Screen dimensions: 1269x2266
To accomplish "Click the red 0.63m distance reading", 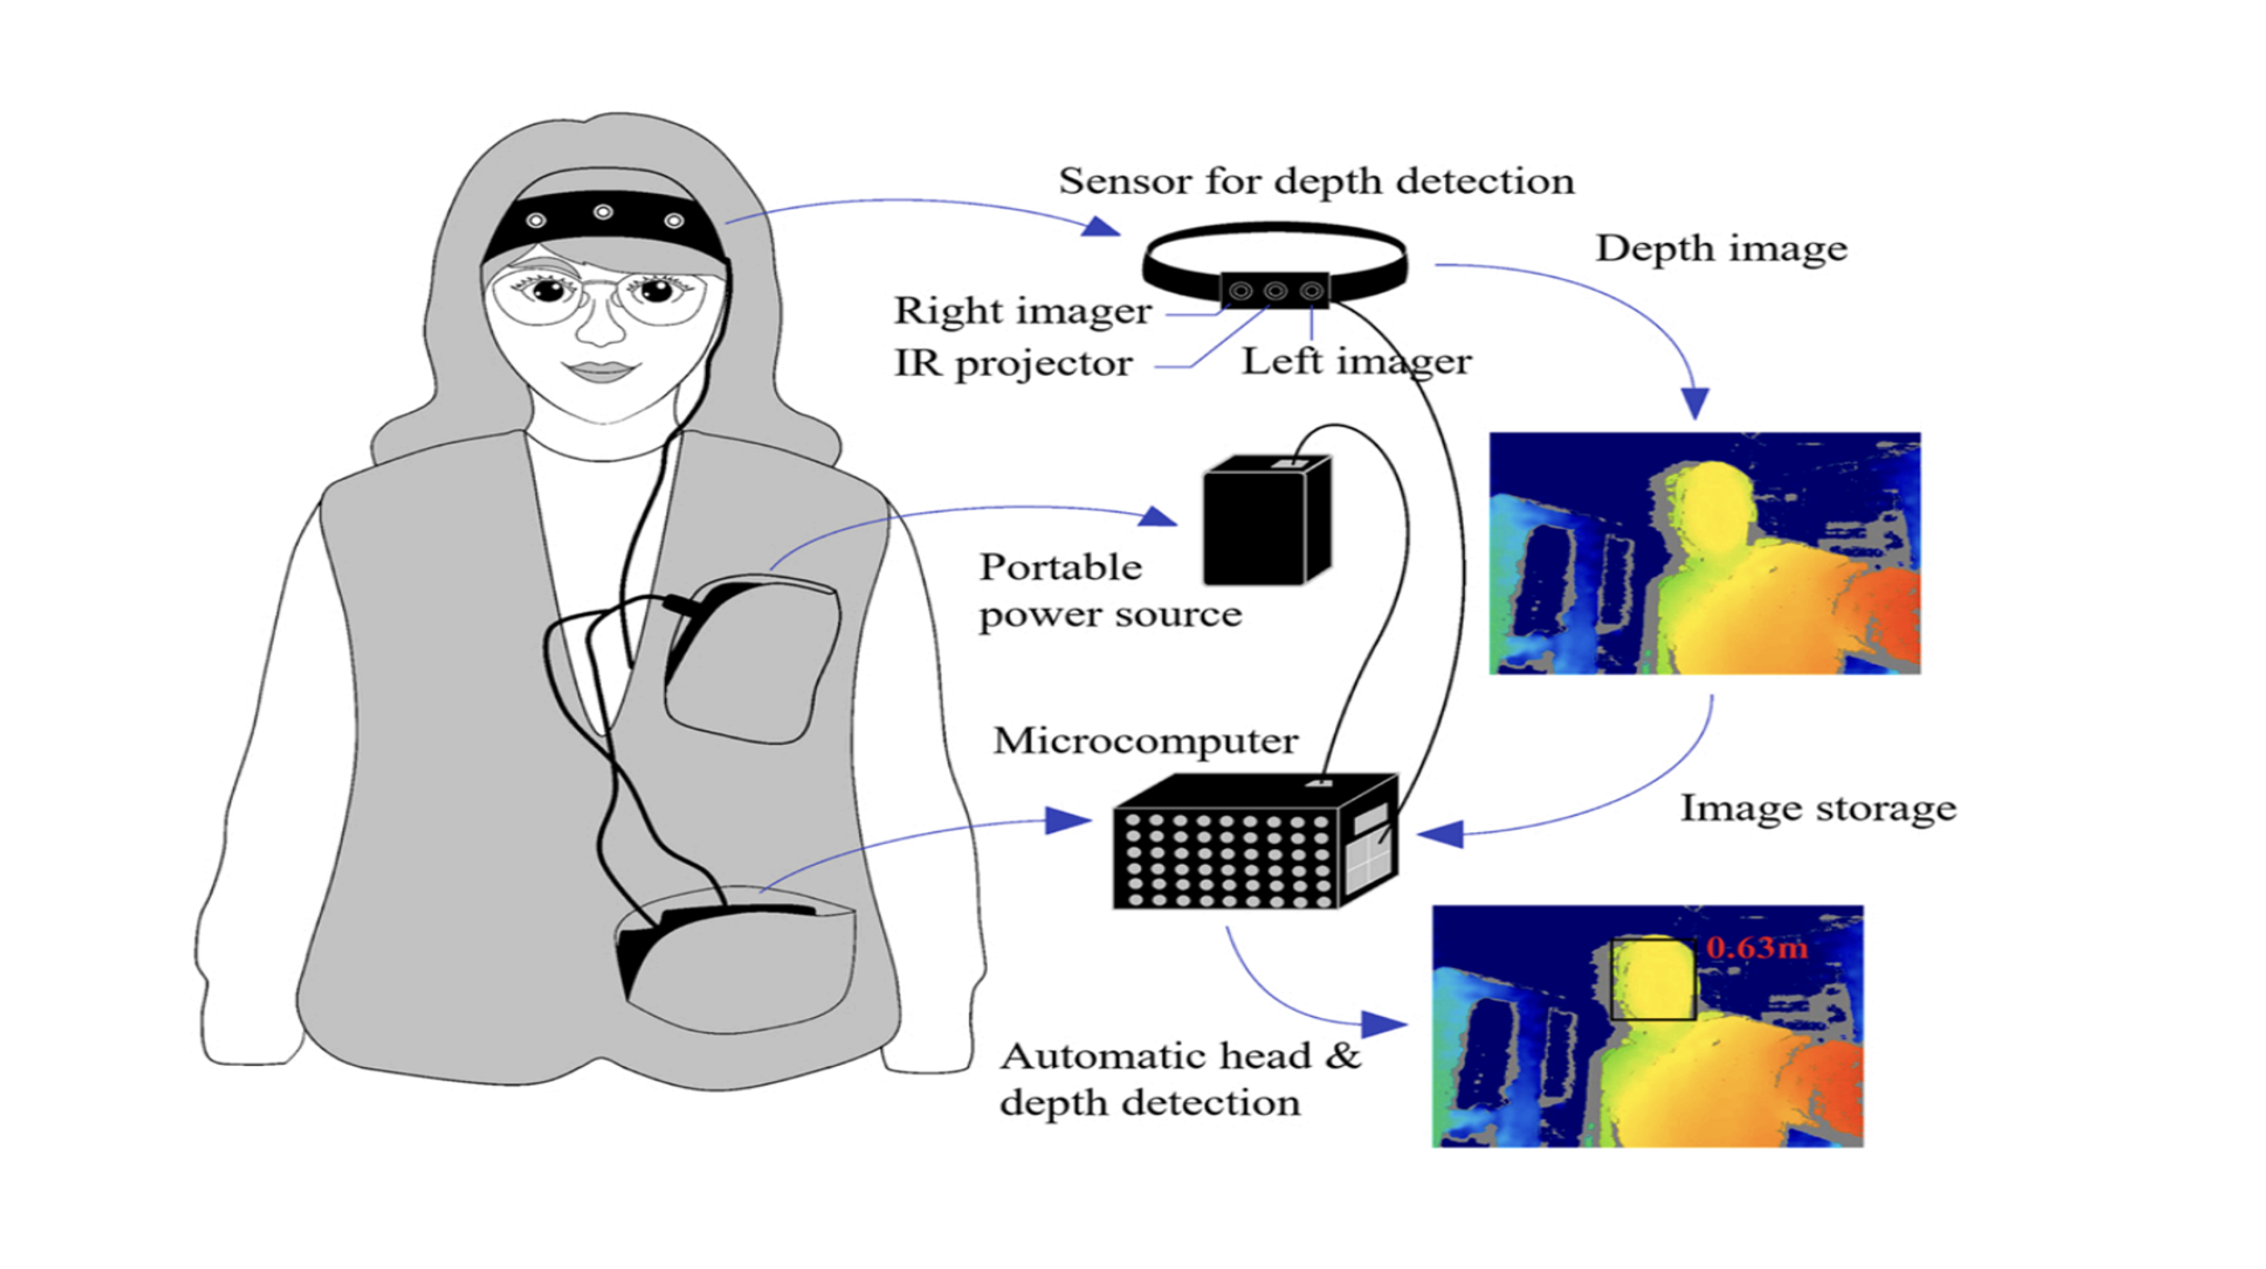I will tap(1756, 948).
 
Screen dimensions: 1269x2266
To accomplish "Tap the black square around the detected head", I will tap(1652, 980).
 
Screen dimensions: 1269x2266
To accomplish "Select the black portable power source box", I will tap(1265, 521).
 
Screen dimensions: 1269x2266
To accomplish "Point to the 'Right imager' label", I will tap(1022, 311).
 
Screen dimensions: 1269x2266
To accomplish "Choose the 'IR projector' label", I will tap(1012, 363).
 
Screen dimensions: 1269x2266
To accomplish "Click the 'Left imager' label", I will tap(1356, 362).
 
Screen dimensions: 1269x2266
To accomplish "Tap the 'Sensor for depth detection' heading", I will tap(1316, 181).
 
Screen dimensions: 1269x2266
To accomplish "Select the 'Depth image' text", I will tap(1720, 248).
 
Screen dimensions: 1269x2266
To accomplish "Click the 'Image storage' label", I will tap(1817, 808).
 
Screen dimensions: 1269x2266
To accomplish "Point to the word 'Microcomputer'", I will tap(1145, 741).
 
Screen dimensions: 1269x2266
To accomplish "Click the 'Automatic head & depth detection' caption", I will tap(1178, 1079).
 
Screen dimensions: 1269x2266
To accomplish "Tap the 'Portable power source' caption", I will tap(1109, 591).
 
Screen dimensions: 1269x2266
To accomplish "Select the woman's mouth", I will tap(599, 370).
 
